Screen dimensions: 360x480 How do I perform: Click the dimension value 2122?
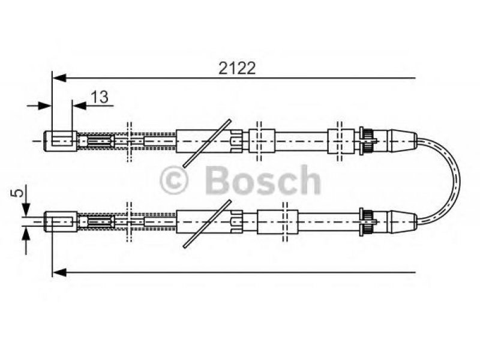(236, 68)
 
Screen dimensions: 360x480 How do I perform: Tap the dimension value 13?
(101, 97)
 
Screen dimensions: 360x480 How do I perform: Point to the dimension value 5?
(19, 193)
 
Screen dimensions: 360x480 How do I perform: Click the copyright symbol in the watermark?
(175, 180)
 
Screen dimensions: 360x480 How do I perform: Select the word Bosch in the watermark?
(262, 180)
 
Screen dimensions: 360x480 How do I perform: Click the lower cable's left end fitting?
(62, 221)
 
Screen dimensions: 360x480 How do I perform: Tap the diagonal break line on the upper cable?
(207, 142)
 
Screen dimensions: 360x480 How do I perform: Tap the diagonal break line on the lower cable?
(207, 223)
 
